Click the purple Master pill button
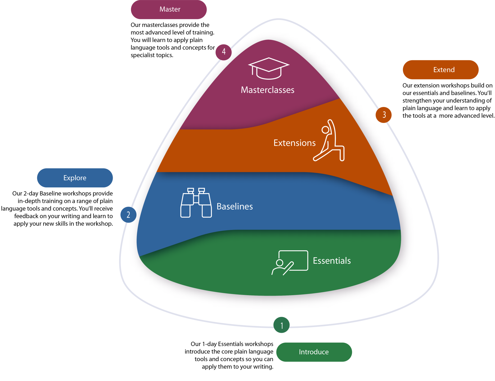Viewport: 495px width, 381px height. [x=169, y=10]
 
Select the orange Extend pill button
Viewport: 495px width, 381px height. [x=441, y=70]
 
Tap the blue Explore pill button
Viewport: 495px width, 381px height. [x=75, y=178]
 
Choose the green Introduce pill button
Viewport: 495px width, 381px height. [x=314, y=352]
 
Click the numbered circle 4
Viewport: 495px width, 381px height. [x=224, y=52]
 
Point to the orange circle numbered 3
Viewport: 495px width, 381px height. [x=384, y=115]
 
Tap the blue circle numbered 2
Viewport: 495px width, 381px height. [x=128, y=215]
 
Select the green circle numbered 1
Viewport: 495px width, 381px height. [x=282, y=325]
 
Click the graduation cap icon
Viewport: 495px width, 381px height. [x=269, y=68]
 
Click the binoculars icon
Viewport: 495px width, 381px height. [x=196, y=203]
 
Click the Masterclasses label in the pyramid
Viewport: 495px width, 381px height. [x=268, y=90]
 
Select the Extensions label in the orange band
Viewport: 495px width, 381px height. [x=294, y=143]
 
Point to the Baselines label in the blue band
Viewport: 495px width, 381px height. [x=235, y=206]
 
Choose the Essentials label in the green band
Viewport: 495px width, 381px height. [x=332, y=261]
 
